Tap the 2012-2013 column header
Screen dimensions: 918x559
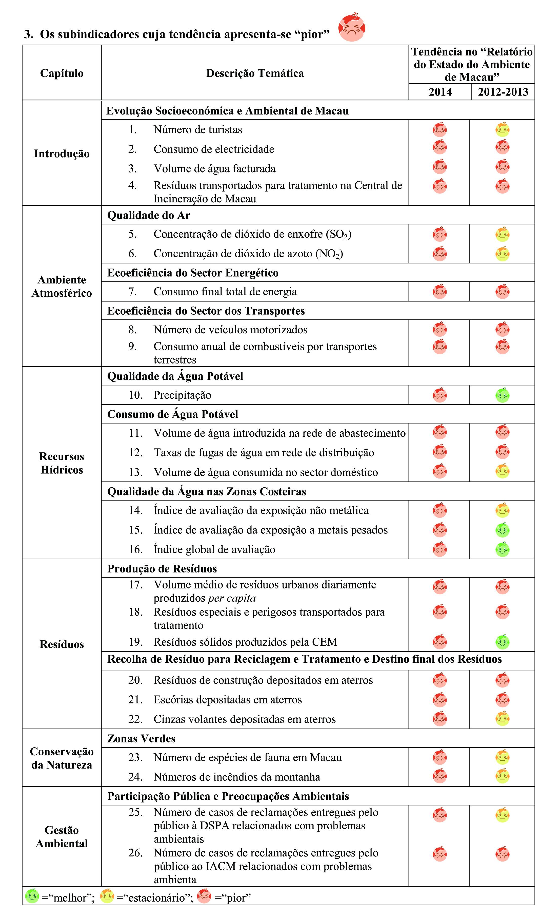click(503, 92)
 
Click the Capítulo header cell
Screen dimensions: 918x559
click(62, 73)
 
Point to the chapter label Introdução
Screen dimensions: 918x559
click(62, 154)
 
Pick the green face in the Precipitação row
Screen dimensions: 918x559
click(502, 395)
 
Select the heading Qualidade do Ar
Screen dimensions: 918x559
click(149, 215)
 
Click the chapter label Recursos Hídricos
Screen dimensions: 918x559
click(62, 463)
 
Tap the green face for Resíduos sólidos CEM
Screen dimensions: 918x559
click(502, 642)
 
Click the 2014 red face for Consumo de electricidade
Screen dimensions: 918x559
click(440, 147)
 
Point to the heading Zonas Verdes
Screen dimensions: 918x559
click(141, 738)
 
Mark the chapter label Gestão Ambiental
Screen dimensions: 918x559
click(62, 836)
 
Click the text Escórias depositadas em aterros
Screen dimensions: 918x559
click(228, 700)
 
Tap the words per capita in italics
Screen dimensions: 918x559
click(232, 598)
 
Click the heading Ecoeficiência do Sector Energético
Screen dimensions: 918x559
click(193, 273)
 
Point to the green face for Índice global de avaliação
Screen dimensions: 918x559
click(502, 549)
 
